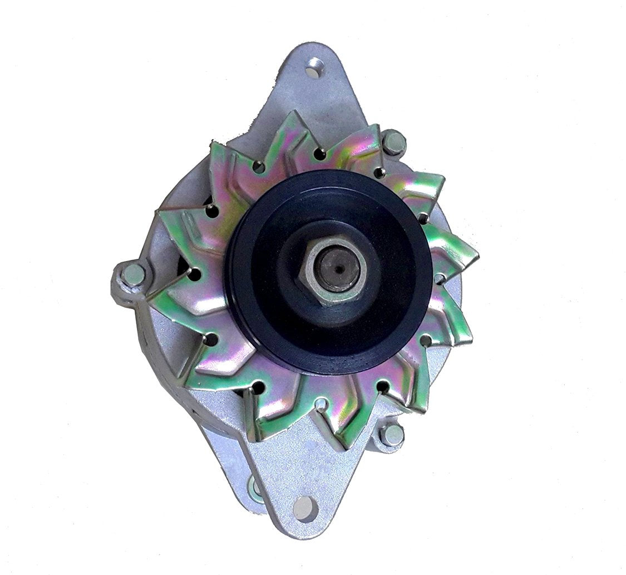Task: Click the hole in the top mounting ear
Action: [x=315, y=71]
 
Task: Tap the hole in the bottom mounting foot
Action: [x=305, y=508]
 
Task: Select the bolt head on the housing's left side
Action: [x=133, y=274]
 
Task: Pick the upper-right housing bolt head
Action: [x=394, y=142]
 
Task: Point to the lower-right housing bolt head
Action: [x=392, y=435]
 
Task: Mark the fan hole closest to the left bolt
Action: [x=194, y=274]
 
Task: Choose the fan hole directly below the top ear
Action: [x=319, y=153]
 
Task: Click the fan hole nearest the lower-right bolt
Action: [x=383, y=386]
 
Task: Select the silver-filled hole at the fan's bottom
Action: [x=321, y=404]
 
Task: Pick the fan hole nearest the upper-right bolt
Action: [x=379, y=173]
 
